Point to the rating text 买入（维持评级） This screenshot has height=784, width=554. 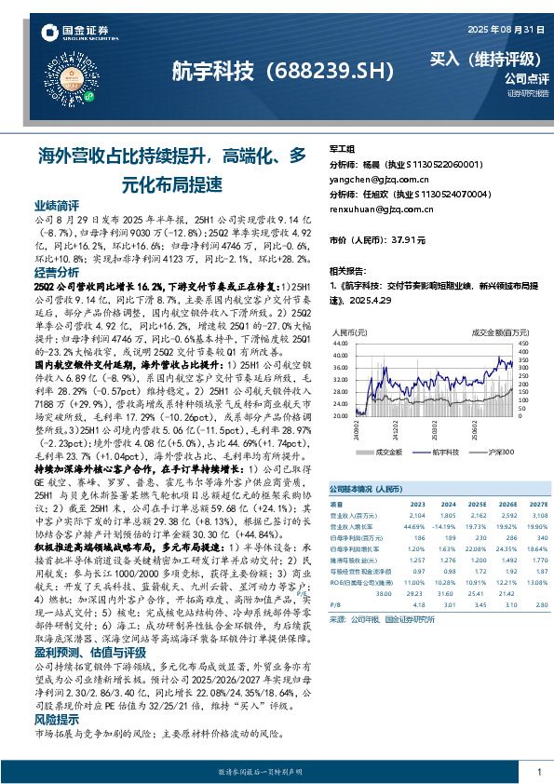[476, 58]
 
